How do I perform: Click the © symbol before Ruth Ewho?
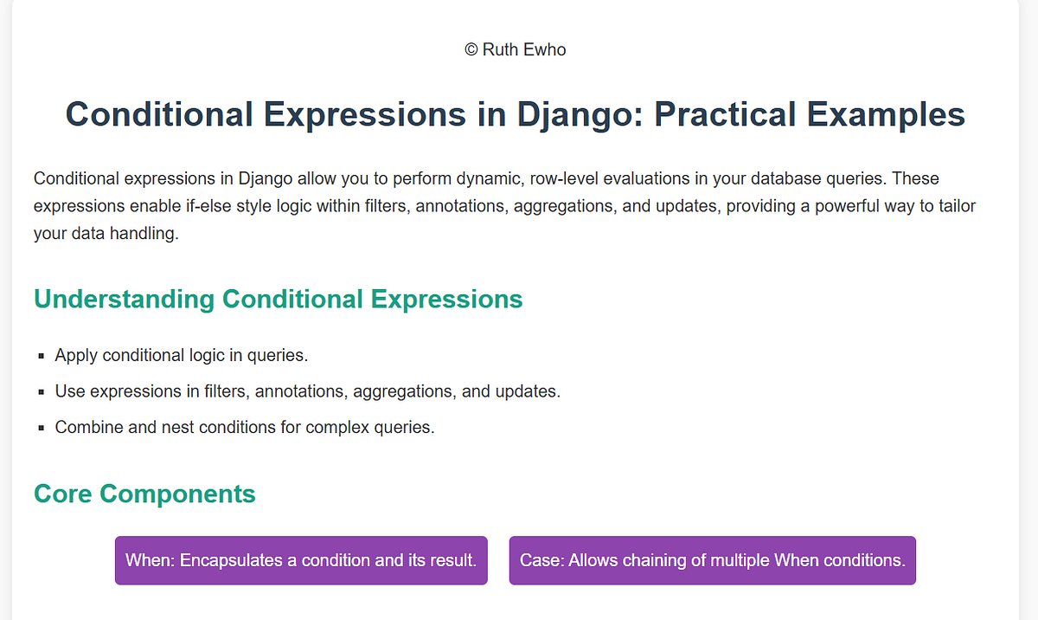pos(471,50)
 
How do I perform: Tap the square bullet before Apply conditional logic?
pos(42,357)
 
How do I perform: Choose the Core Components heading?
pos(144,494)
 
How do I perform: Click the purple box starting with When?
pos(301,560)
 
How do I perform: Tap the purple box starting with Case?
pos(712,560)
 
